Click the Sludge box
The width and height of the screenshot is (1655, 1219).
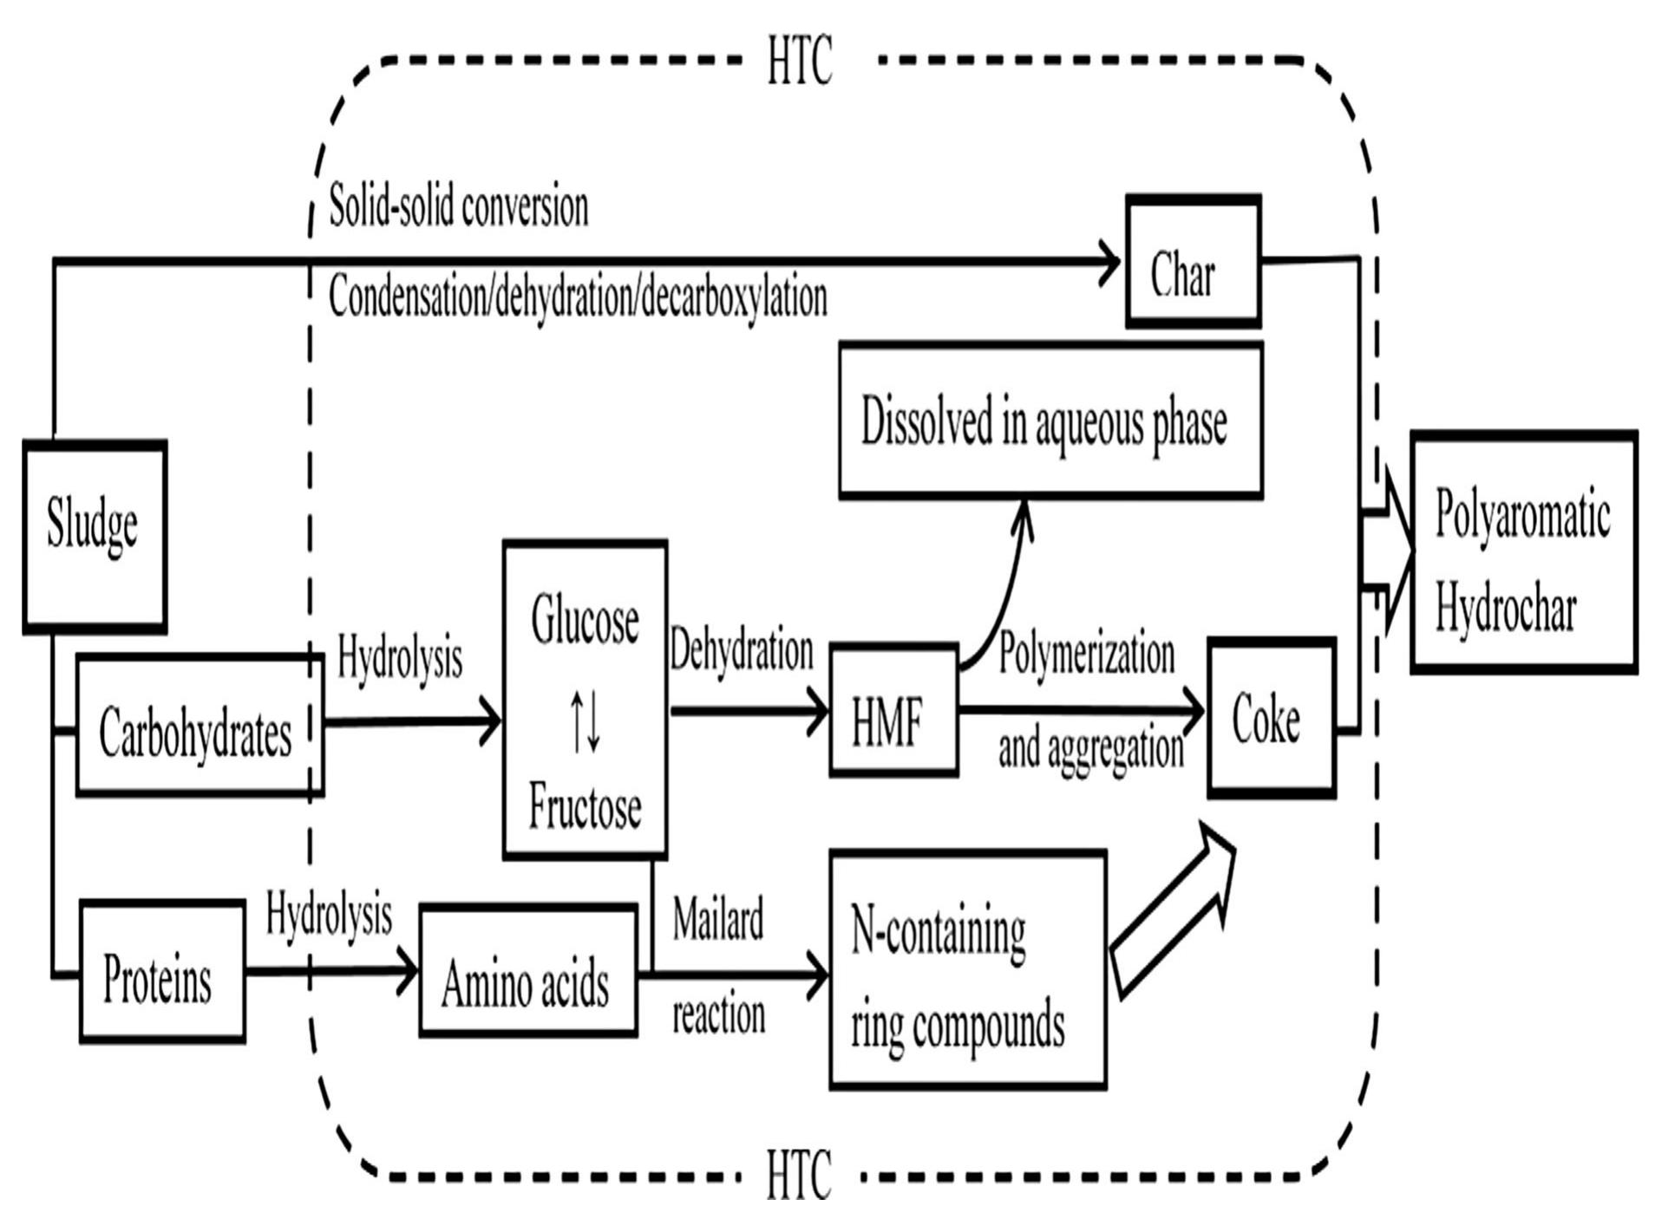click(94, 536)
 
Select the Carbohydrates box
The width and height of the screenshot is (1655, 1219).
click(200, 725)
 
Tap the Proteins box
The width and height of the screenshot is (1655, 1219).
click(161, 971)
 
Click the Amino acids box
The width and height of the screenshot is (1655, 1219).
click(527, 971)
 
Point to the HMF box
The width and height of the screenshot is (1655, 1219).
click(893, 710)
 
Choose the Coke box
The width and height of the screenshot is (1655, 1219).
click(1271, 718)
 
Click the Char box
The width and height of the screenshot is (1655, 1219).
click(1192, 261)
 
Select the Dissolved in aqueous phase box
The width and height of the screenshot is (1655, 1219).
click(1050, 420)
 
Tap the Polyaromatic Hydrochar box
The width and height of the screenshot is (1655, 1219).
click(1523, 551)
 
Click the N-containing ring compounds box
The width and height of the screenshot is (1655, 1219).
click(967, 969)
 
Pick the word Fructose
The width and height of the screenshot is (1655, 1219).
click(585, 806)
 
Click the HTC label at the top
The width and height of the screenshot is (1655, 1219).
click(799, 61)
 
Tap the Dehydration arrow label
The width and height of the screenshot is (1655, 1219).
click(742, 651)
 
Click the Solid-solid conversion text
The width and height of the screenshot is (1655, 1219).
click(458, 208)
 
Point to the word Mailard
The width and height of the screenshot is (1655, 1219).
click(717, 919)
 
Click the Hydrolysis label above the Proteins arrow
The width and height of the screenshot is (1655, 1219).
click(328, 914)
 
